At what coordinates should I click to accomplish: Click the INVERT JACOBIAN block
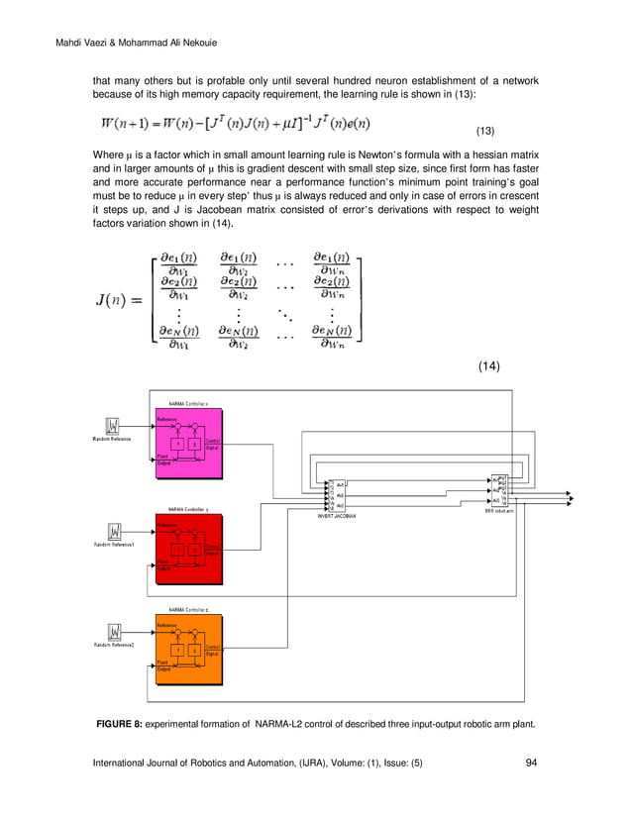click(x=337, y=493)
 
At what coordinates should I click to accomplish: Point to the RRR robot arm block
click(x=497, y=490)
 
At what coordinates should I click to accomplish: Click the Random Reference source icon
click(x=114, y=426)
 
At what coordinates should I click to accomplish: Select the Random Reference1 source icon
click(x=114, y=532)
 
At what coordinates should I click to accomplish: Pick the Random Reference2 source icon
click(x=114, y=632)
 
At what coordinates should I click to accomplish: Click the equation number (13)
click(x=485, y=131)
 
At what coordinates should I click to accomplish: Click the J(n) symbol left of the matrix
click(x=120, y=299)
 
